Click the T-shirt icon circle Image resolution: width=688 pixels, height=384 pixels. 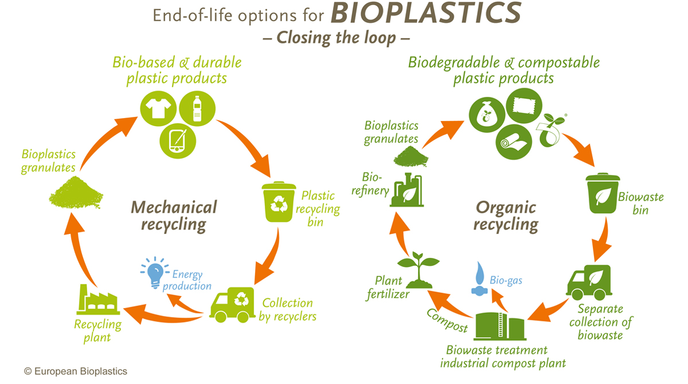coord(158,108)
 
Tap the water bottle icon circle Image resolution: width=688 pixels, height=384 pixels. coord(197,108)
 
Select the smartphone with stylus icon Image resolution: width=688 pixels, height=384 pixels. coord(178,141)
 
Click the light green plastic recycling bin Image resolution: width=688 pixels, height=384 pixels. coord(279,202)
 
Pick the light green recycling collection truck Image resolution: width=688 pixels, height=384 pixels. coord(232,305)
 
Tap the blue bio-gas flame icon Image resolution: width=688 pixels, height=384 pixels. coord(479,279)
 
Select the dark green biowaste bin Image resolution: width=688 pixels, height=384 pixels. coord(603,193)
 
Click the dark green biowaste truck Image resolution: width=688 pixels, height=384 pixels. coord(589,283)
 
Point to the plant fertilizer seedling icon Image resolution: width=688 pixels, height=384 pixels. coord(419,270)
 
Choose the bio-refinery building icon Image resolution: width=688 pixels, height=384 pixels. coord(407,190)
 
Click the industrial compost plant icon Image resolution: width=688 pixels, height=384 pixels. coord(500,326)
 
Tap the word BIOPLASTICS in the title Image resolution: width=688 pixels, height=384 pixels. coord(425,14)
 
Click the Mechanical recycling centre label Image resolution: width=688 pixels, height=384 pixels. coord(174,216)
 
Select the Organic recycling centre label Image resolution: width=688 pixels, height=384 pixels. coord(506,216)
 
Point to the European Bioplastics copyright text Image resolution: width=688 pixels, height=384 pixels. coord(76,371)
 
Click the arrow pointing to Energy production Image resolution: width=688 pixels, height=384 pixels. coord(183,304)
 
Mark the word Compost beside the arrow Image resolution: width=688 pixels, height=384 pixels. coord(447,320)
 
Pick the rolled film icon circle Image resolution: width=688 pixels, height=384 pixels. coord(514,142)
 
